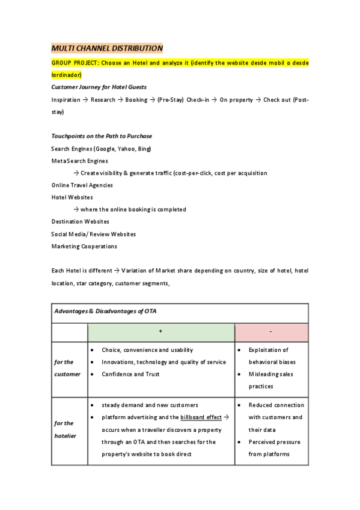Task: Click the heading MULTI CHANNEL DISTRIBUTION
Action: point(107,48)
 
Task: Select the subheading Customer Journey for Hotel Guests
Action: point(99,87)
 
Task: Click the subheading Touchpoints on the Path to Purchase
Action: point(102,136)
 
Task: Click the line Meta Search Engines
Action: point(80,161)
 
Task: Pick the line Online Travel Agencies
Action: point(82,185)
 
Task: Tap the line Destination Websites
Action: point(80,221)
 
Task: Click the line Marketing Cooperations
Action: point(84,246)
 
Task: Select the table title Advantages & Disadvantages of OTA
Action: point(106,312)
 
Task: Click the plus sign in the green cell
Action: point(160,331)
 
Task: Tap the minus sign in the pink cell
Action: point(271,331)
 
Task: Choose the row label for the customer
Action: point(67,368)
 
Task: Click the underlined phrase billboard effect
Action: point(201,417)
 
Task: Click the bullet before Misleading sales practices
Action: point(240,374)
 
